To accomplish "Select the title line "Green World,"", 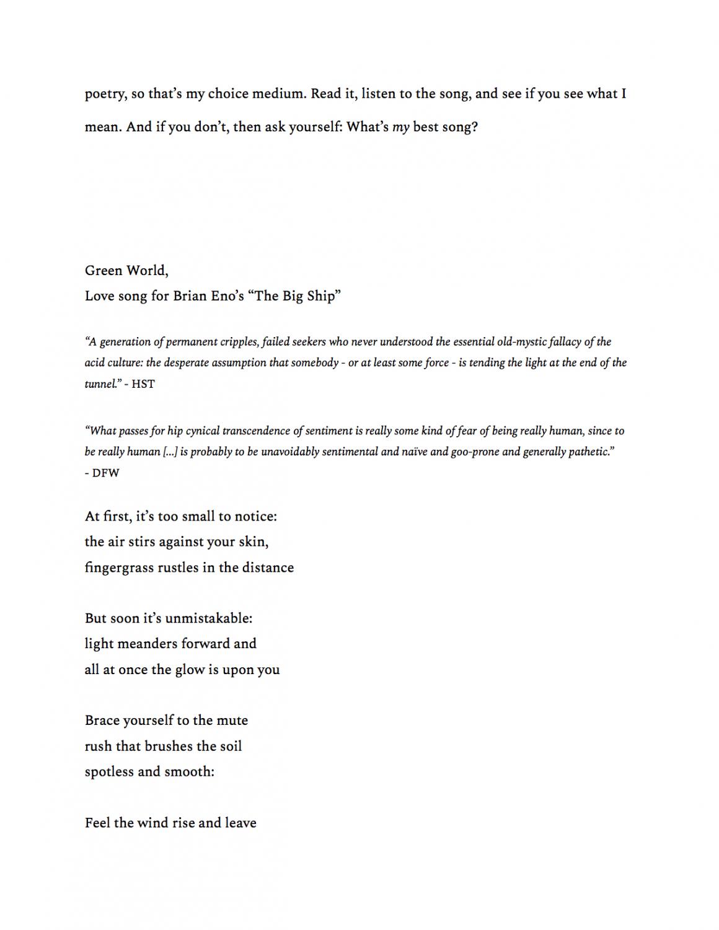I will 126,271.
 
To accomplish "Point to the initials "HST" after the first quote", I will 143,384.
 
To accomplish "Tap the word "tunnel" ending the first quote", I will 100,384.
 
